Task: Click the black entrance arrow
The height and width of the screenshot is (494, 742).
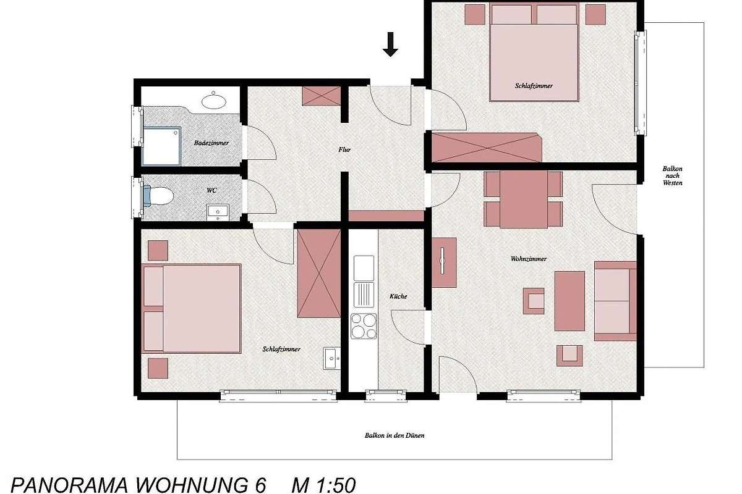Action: click(x=390, y=44)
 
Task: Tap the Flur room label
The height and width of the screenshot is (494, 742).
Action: click(x=344, y=150)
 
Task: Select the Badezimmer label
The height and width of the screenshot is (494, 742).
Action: click(x=211, y=143)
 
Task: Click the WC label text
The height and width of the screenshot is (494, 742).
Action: click(x=211, y=190)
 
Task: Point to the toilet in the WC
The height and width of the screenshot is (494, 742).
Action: click(x=158, y=196)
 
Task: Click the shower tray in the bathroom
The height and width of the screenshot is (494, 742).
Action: click(x=161, y=146)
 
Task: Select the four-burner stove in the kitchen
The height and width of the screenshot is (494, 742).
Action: click(x=364, y=326)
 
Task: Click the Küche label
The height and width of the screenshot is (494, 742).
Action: click(x=398, y=296)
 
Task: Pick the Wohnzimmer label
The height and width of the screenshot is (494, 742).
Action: click(x=528, y=259)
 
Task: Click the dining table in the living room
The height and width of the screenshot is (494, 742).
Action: click(x=523, y=199)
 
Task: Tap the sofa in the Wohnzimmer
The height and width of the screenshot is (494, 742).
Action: click(x=615, y=301)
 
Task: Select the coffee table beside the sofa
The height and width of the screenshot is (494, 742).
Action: click(x=569, y=301)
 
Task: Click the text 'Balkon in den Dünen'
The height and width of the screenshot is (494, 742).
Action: click(x=394, y=435)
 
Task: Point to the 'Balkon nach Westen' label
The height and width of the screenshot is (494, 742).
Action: click(x=673, y=176)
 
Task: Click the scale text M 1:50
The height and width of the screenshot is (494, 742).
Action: click(x=323, y=485)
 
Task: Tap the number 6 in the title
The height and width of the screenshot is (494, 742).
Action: click(x=261, y=485)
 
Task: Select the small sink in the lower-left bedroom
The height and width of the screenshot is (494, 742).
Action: click(x=331, y=358)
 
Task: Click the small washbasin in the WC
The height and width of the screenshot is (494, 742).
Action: click(x=218, y=212)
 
